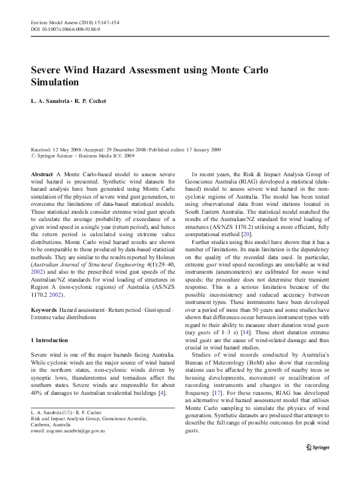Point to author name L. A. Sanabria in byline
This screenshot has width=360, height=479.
point(49,101)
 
